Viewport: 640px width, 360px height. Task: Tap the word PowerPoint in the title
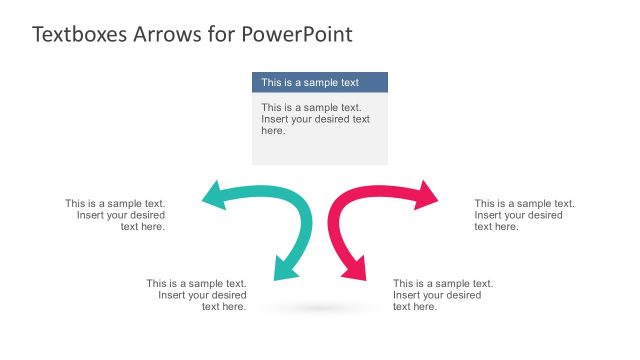pyautogui.click(x=297, y=34)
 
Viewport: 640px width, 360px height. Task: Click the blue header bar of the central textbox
pyautogui.click(x=319, y=82)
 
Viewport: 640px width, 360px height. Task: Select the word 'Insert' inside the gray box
pyautogui.click(x=276, y=119)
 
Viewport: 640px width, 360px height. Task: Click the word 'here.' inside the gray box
pyautogui.click(x=273, y=131)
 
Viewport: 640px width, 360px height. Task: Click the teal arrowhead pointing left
pyautogui.click(x=213, y=196)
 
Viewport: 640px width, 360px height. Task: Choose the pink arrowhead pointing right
pyautogui.click(x=427, y=196)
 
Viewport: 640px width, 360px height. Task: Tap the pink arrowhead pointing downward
pyautogui.click(x=355, y=267)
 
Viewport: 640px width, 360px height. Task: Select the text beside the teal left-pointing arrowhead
pyautogui.click(x=116, y=215)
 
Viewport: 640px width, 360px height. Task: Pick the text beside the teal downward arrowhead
pyautogui.click(x=197, y=295)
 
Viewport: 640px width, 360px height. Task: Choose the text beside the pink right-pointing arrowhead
pyautogui.click(x=524, y=215)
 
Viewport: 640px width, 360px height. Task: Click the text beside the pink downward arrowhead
pyautogui.click(x=443, y=295)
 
